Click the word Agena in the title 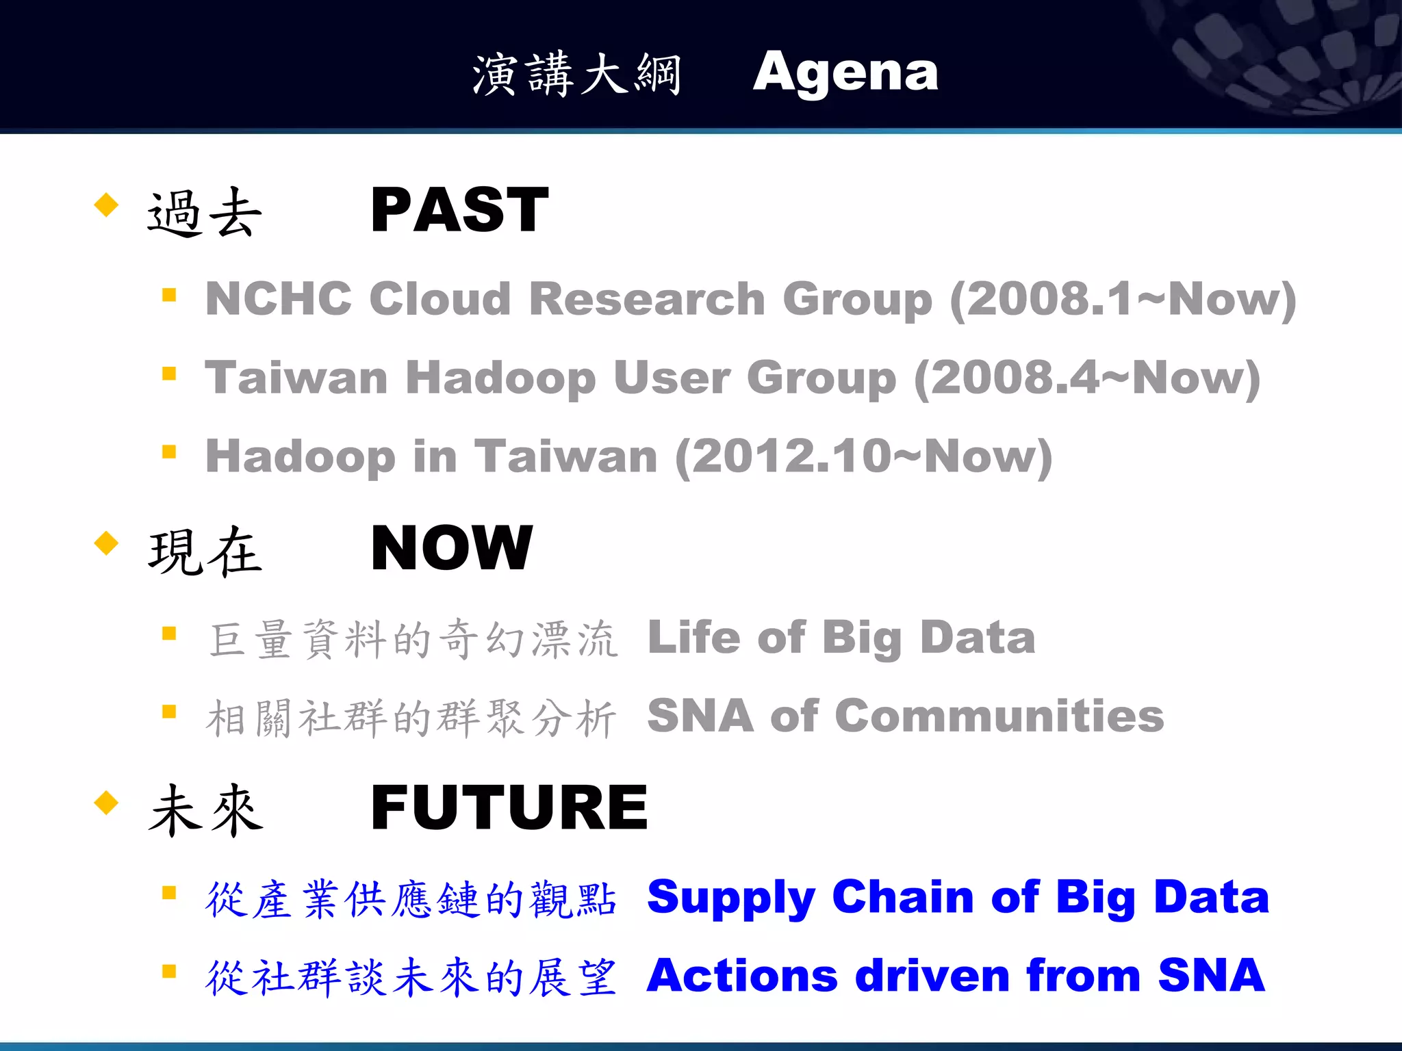click(845, 74)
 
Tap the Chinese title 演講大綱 click(577, 74)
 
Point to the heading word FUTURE click(509, 807)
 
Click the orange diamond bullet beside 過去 click(106, 205)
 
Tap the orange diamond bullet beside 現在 click(106, 543)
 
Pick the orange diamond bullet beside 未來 click(106, 802)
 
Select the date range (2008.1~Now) click(1123, 300)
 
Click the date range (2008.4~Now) click(1087, 378)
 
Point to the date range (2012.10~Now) click(864, 457)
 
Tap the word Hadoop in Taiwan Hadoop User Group click(500, 378)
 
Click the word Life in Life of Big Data click(693, 637)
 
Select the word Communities click(999, 716)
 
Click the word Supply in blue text click(730, 898)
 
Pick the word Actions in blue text click(742, 976)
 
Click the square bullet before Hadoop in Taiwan click(169, 452)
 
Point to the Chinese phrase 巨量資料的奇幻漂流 click(413, 639)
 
